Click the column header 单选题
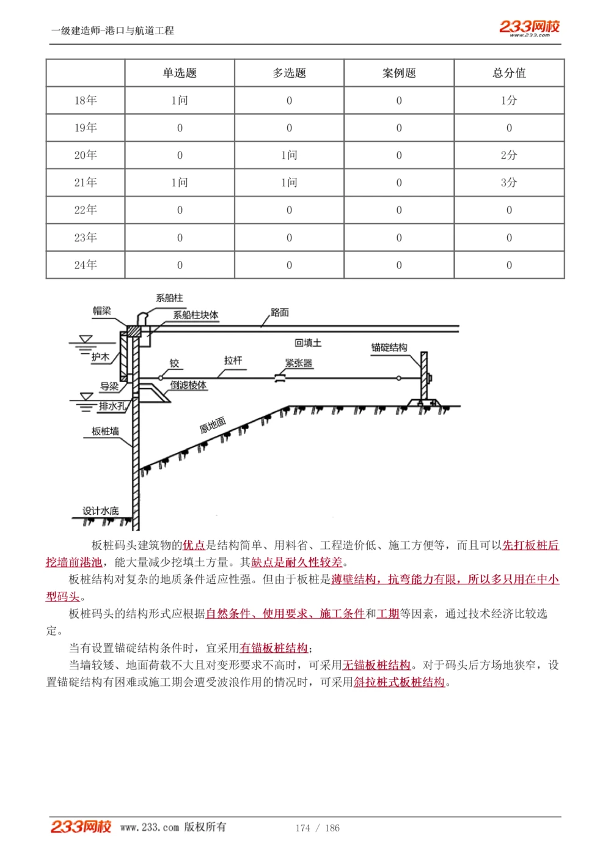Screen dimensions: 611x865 (180, 73)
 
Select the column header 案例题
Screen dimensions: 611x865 (399, 73)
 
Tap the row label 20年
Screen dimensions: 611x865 (86, 155)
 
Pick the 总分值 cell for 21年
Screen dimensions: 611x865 (509, 182)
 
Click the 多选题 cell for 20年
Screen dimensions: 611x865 (289, 155)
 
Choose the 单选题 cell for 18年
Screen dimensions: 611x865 (180, 100)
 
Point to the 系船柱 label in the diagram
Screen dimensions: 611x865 (169, 298)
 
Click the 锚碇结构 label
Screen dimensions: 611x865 (389, 347)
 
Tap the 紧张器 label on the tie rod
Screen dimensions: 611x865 (299, 363)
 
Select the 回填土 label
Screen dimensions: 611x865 (308, 343)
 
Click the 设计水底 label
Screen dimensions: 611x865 (101, 510)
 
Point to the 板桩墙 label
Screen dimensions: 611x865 (105, 431)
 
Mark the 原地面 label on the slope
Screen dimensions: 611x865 (213, 425)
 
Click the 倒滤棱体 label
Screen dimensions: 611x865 (188, 385)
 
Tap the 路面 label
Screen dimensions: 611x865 (280, 312)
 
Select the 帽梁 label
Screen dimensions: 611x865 (102, 311)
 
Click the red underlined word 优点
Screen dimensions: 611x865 (194, 545)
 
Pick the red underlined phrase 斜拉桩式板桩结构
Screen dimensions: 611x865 (399, 682)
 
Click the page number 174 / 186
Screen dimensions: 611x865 (317, 828)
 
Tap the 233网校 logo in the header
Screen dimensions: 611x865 (529, 27)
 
